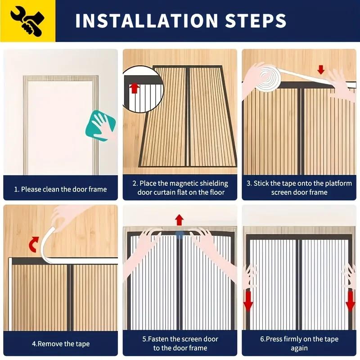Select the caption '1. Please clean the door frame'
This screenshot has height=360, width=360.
point(60,189)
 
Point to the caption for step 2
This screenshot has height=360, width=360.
point(180,188)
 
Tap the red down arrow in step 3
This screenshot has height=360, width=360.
point(321,70)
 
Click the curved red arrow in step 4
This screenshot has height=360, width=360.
point(33,246)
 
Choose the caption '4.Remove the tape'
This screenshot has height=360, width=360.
point(60,344)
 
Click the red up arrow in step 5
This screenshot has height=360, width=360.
point(180,220)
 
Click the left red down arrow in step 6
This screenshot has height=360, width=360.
point(248,301)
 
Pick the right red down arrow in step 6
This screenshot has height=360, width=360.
point(351,301)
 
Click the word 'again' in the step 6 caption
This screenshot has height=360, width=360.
point(299,348)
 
